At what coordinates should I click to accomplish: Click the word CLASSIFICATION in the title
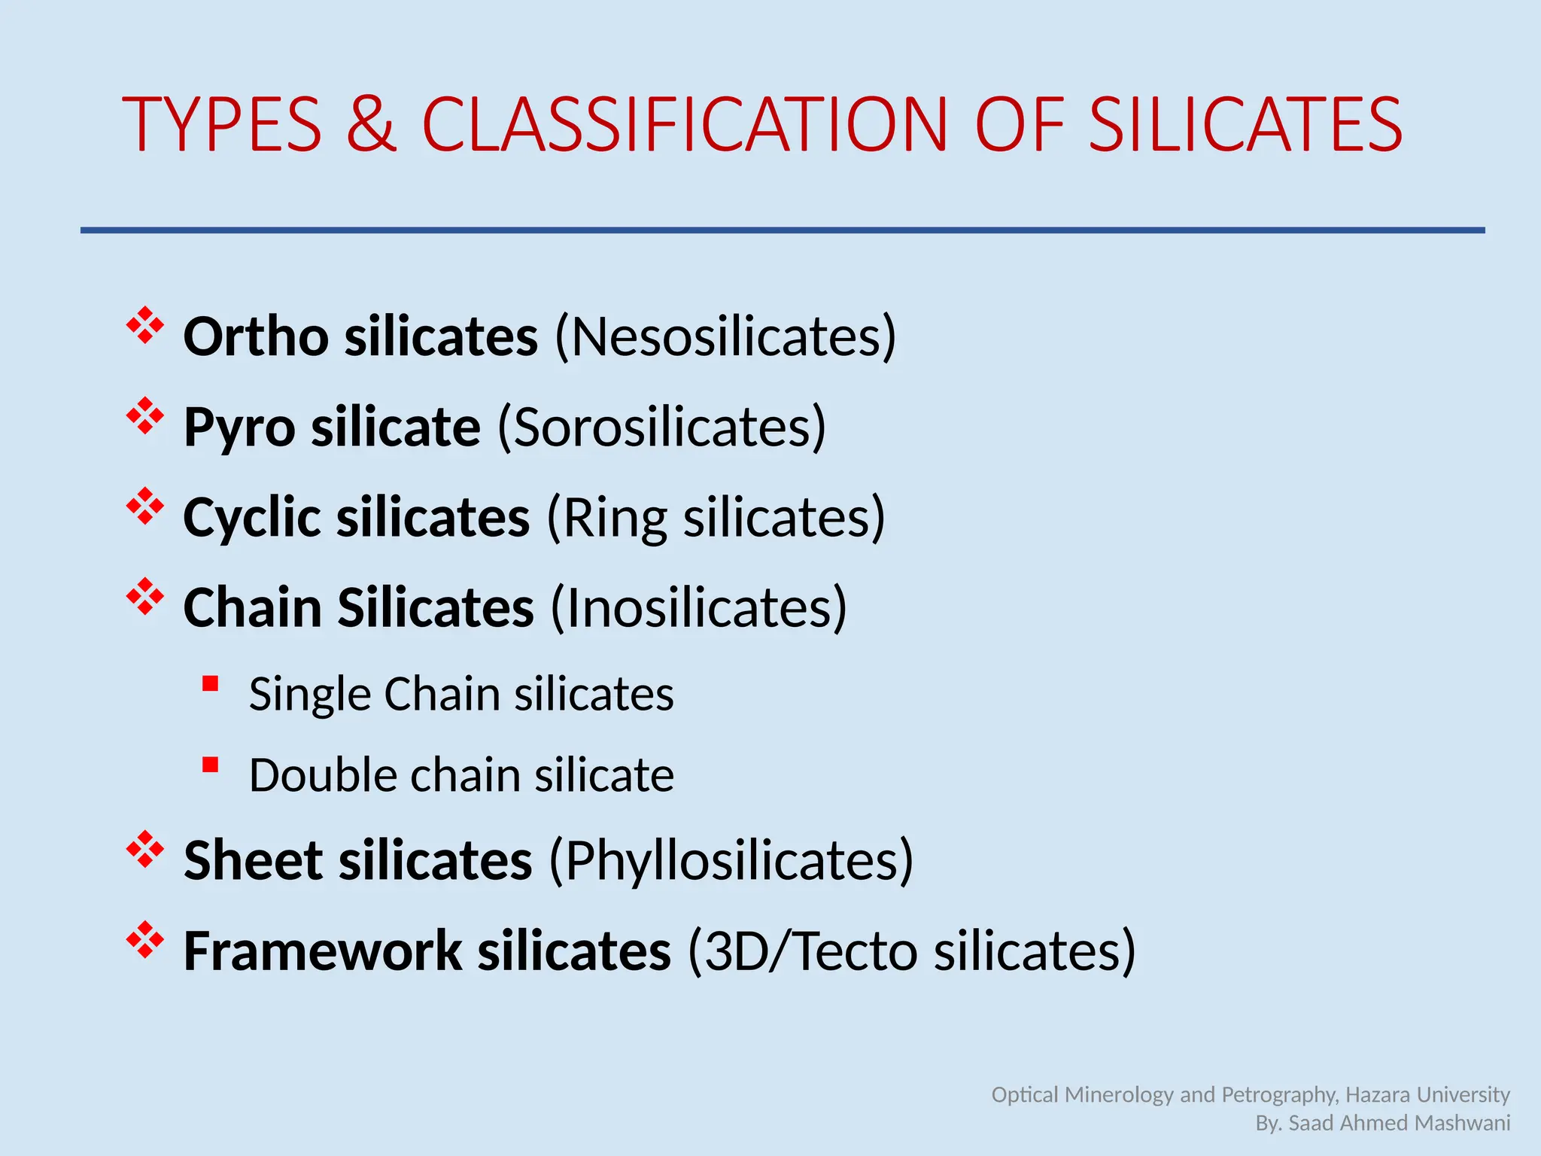tap(684, 125)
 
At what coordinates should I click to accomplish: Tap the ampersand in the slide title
tap(371, 125)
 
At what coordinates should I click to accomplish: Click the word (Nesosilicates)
tap(725, 336)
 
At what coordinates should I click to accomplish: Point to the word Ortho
tap(255, 336)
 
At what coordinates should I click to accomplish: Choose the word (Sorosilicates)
tap(661, 427)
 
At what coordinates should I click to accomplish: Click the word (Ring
tap(606, 518)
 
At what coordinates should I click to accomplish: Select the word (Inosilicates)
tap(699, 608)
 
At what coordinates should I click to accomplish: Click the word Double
tap(322, 775)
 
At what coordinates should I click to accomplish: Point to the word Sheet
tap(253, 860)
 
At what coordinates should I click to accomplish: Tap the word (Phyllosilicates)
tap(731, 860)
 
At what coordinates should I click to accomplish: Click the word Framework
tap(322, 951)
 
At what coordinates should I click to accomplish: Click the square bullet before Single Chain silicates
tap(211, 684)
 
